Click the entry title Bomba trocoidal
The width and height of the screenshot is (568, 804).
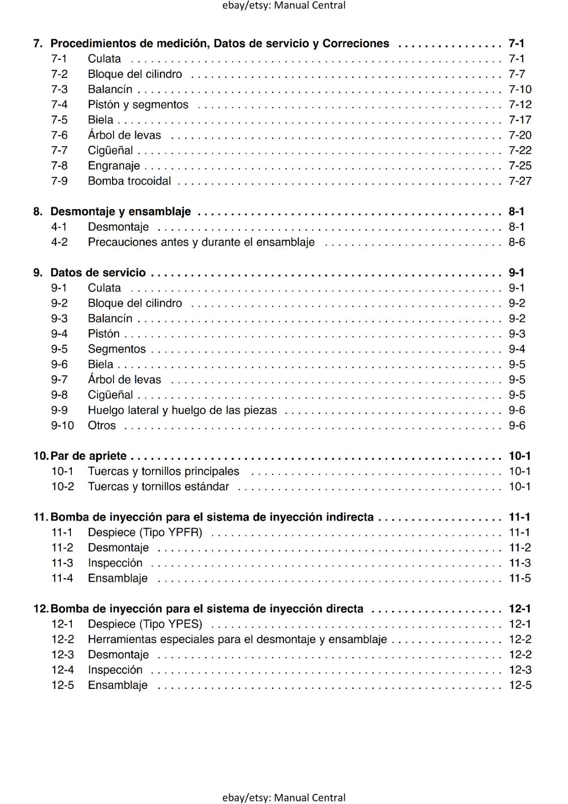point(129,181)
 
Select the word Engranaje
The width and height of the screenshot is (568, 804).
point(114,166)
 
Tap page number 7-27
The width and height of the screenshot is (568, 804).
point(520,181)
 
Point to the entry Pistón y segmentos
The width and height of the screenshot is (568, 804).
point(138,105)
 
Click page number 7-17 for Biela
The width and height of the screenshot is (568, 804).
point(520,120)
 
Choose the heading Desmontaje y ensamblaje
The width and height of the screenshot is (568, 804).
point(121,212)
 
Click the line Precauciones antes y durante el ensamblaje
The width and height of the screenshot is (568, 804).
point(201,242)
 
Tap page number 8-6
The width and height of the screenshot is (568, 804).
point(517,242)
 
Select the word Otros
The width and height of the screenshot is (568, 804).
point(102,426)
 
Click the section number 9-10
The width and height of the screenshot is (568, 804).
point(62,426)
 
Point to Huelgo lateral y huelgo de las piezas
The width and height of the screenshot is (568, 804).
point(182,410)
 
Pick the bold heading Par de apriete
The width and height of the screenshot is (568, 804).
point(88,456)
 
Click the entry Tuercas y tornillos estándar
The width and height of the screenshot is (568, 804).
point(158,486)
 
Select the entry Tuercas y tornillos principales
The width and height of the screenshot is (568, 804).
point(163,471)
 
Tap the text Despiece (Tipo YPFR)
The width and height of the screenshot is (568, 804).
point(145,533)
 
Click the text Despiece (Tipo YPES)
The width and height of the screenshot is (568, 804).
point(145,624)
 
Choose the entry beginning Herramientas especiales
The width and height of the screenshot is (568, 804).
point(237,640)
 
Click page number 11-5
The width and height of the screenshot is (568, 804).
point(520,578)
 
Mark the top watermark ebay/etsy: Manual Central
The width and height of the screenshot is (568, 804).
point(283,6)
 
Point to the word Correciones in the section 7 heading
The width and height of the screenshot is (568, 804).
point(355,44)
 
